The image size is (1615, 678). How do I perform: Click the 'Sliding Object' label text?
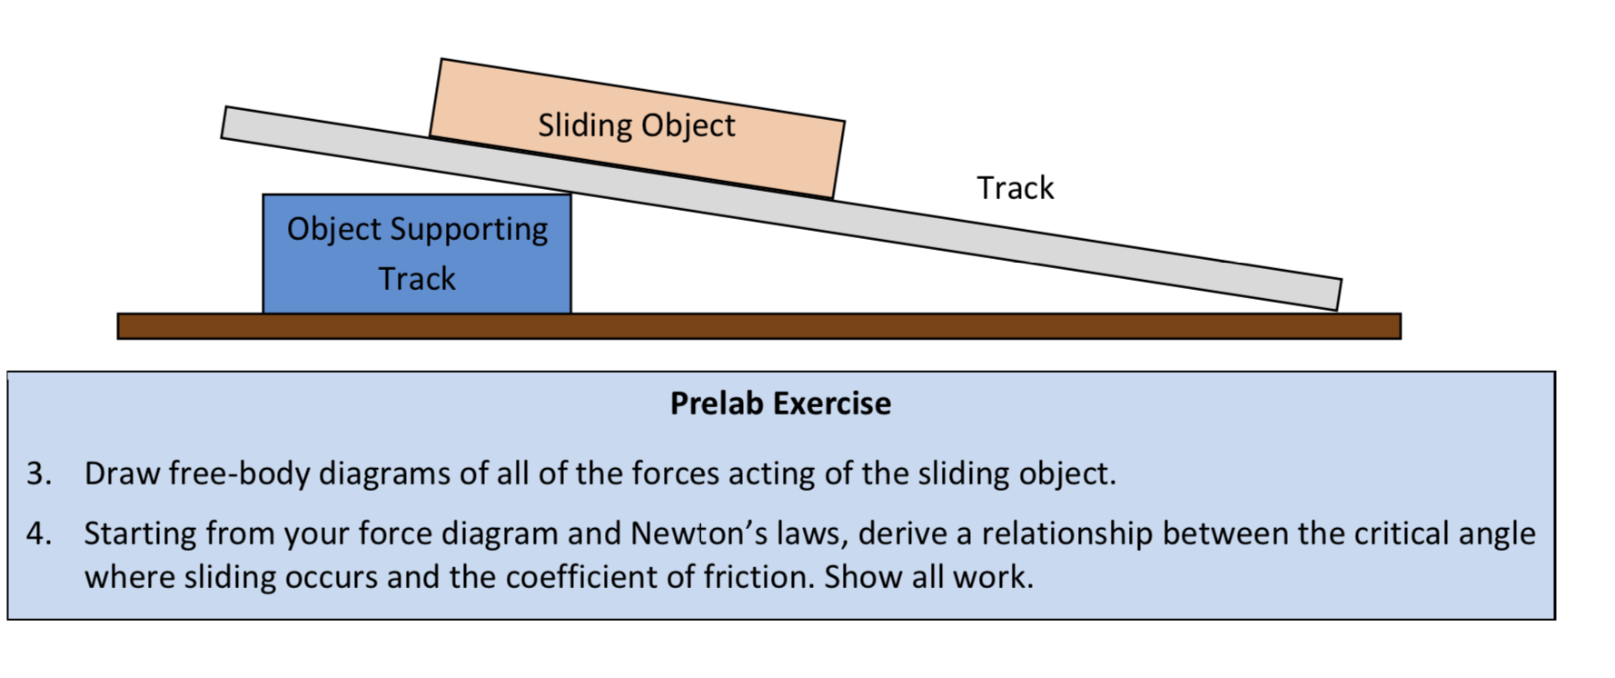pyautogui.click(x=636, y=125)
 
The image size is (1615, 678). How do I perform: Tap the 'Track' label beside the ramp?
pyautogui.click(x=1015, y=188)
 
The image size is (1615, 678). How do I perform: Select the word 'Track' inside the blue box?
pyautogui.click(x=416, y=278)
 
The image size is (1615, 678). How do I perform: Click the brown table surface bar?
pyautogui.click(x=758, y=326)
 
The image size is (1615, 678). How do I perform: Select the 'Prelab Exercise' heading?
pyautogui.click(x=780, y=404)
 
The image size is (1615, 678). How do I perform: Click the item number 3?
pyautogui.click(x=38, y=474)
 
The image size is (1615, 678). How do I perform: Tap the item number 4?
pyautogui.click(x=38, y=533)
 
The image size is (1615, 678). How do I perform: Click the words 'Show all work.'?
pyautogui.click(x=928, y=577)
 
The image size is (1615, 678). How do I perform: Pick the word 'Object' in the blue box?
pyautogui.click(x=333, y=230)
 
